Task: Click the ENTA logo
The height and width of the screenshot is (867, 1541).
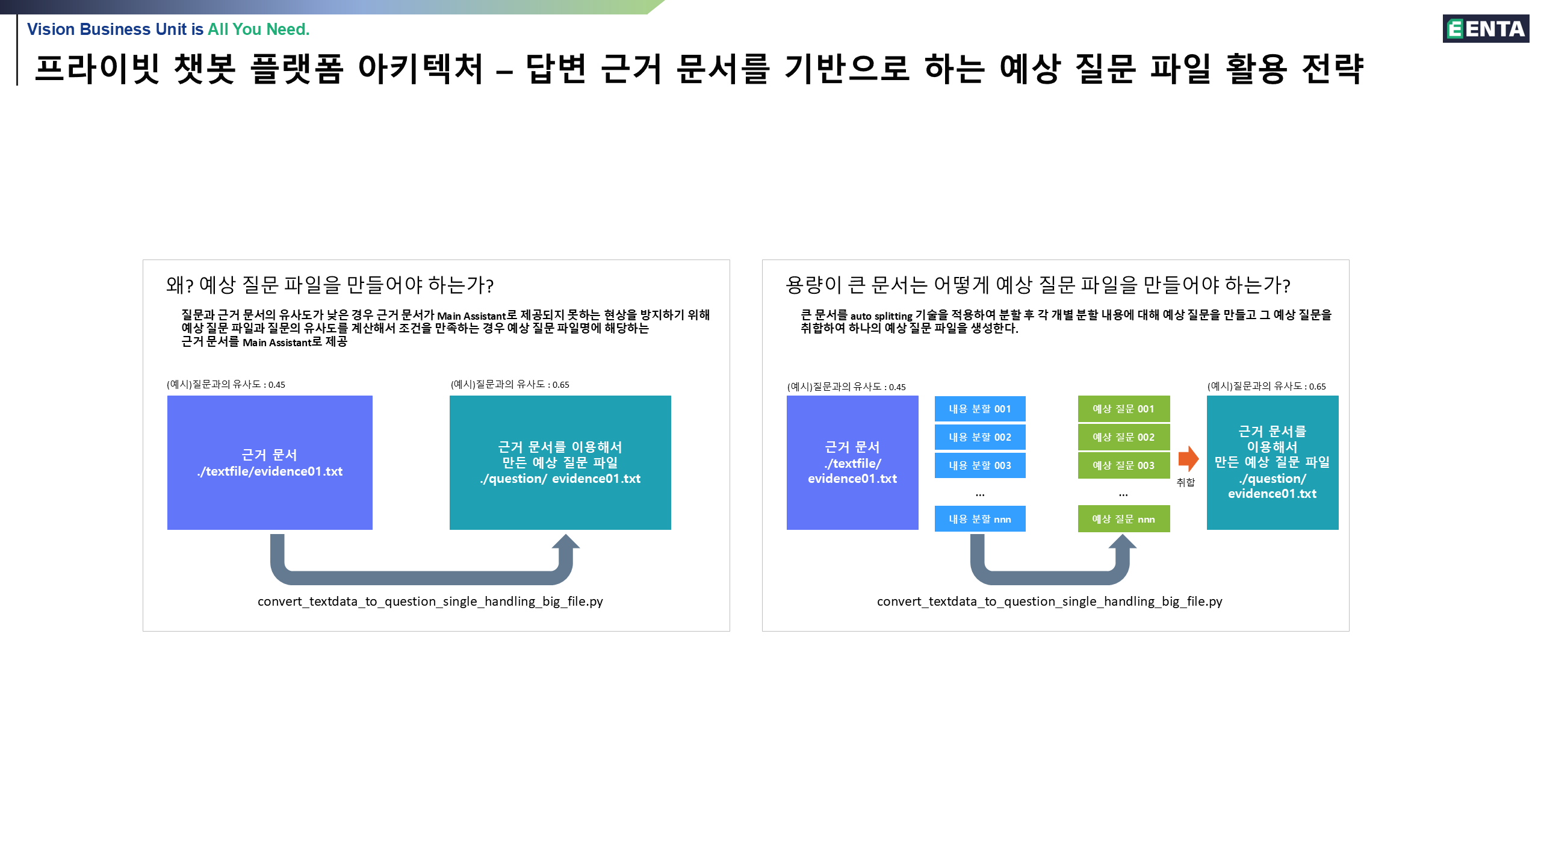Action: point(1486,29)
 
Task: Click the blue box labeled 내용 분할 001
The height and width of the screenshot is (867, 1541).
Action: point(980,409)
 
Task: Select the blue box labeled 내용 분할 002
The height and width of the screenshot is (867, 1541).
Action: point(980,437)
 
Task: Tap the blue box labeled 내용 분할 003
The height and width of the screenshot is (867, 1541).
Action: point(980,465)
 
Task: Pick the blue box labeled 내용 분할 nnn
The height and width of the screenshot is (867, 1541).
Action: point(980,519)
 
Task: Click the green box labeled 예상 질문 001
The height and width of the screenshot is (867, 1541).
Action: point(1123,409)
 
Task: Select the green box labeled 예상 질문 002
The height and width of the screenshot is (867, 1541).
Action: point(1123,437)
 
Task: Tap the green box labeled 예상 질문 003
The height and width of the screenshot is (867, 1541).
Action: point(1123,465)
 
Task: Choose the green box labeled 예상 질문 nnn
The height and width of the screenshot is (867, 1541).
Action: point(1123,519)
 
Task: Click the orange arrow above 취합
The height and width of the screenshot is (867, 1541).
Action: point(1188,459)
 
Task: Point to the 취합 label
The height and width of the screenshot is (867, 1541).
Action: point(1186,482)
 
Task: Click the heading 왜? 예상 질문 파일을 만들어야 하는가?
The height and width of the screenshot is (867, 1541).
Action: point(330,285)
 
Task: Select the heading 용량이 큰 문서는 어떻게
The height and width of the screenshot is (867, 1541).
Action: point(1038,285)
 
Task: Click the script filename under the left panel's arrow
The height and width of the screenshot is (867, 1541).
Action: point(430,601)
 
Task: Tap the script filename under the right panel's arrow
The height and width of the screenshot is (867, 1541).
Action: point(1049,601)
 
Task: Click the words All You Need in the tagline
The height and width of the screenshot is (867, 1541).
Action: point(258,29)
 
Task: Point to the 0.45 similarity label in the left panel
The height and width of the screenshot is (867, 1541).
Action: point(226,385)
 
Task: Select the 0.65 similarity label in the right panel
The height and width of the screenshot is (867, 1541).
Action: point(1267,387)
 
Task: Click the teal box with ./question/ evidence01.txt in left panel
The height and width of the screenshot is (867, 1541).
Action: point(560,462)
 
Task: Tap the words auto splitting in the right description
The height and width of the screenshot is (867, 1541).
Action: point(881,316)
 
